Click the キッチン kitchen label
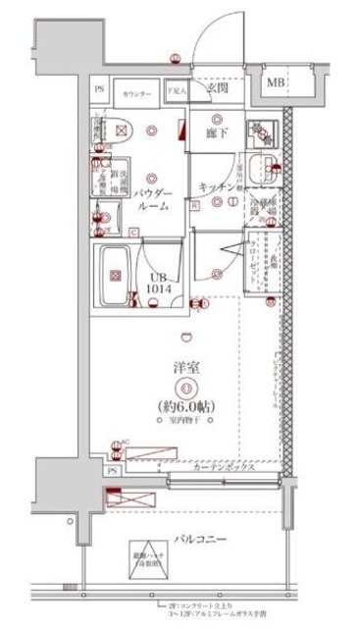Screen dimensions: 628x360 click(x=216, y=187)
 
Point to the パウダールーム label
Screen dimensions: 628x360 click(x=154, y=199)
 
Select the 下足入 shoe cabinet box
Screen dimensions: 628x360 click(x=175, y=90)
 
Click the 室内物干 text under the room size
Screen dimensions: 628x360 click(x=186, y=421)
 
